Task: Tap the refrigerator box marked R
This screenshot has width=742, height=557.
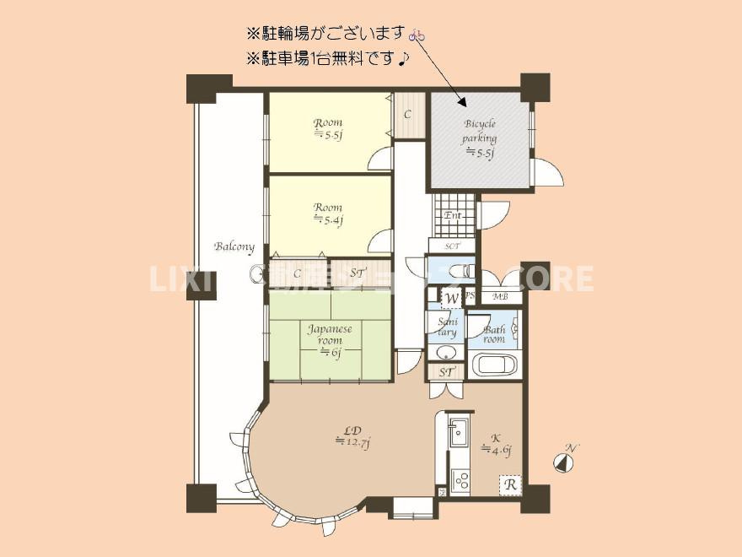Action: pyautogui.click(x=509, y=485)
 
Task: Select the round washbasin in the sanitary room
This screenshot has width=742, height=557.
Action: pyautogui.click(x=445, y=352)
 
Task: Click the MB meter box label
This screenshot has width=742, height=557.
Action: pyautogui.click(x=500, y=296)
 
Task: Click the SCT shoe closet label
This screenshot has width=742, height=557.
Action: pyautogui.click(x=452, y=246)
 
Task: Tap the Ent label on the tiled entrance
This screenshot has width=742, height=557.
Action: pyautogui.click(x=453, y=216)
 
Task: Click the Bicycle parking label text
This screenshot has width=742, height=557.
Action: pyautogui.click(x=480, y=138)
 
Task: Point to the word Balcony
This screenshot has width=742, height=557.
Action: pyautogui.click(x=234, y=246)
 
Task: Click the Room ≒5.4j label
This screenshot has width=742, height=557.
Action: pyautogui.click(x=328, y=214)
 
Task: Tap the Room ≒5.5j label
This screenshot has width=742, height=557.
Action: pyautogui.click(x=328, y=128)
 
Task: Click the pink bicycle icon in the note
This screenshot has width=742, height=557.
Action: pyautogui.click(x=417, y=35)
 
